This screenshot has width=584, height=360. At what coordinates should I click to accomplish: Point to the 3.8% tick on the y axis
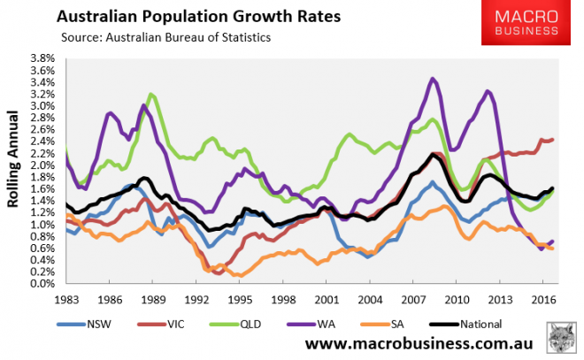[x=44, y=58]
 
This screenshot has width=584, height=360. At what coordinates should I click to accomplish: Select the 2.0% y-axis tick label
[x=44, y=165]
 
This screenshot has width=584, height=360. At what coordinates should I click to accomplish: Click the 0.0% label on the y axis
[x=44, y=284]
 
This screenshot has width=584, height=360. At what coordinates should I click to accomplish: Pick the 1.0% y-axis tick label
[x=44, y=225]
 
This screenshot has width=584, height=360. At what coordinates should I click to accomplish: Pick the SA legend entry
[x=413, y=323]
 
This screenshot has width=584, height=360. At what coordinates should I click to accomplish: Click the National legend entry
[x=488, y=323]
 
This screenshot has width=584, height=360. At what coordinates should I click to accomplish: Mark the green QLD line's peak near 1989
[x=151, y=94]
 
